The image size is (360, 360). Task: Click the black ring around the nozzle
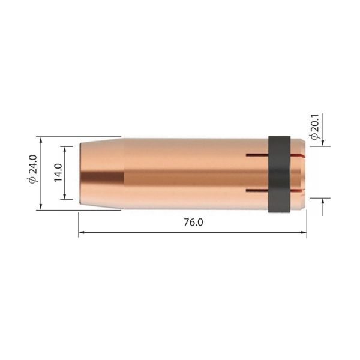278,173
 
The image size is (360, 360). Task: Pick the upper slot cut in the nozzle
257,156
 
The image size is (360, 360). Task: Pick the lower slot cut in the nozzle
257,191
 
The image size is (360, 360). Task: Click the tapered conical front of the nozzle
102,173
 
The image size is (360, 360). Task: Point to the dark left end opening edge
80,173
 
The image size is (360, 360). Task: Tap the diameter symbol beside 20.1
314,137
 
